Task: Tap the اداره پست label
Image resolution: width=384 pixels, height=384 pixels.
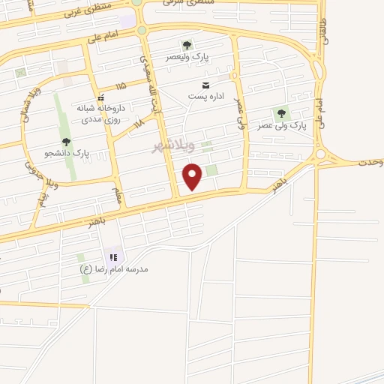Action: (205, 95)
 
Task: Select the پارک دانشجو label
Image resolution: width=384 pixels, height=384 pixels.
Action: (66, 153)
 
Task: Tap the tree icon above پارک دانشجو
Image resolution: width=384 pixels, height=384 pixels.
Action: (66, 141)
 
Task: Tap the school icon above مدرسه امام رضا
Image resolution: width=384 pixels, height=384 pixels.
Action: (114, 256)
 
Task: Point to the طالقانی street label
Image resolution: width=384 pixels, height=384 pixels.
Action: (323, 31)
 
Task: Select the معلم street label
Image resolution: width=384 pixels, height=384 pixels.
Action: (116, 194)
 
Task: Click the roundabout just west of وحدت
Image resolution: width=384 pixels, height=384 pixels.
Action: (321, 154)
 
